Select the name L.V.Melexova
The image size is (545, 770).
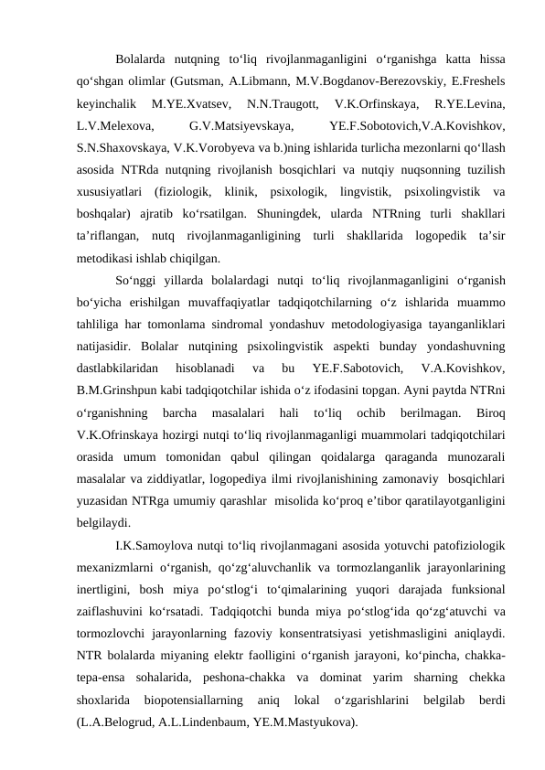[114, 122]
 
